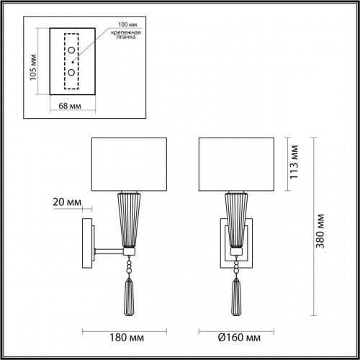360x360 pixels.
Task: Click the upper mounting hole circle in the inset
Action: pyautogui.click(x=72, y=60)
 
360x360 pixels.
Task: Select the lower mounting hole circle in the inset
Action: pyautogui.click(x=72, y=73)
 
